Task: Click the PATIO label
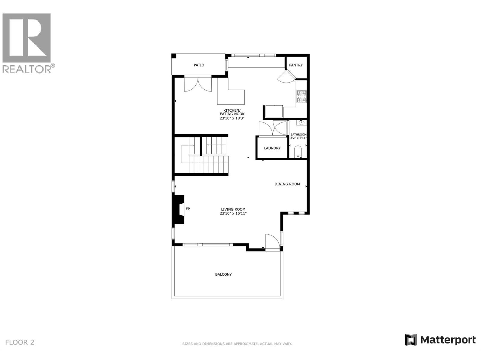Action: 199,65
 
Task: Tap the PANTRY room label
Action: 296,65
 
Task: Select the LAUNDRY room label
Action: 272,148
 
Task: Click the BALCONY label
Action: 223,274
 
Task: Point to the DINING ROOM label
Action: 287,184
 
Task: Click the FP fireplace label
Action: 188,209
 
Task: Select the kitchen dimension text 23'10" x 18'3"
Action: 232,119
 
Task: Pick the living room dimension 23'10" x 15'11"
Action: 233,214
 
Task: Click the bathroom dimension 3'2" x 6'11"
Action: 298,138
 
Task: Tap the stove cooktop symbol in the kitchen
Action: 301,97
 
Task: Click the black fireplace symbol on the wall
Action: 178,209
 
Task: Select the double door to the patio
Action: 198,84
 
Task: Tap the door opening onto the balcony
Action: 272,242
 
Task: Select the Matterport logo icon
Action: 411,340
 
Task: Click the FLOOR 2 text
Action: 20,342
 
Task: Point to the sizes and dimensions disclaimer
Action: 237,344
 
